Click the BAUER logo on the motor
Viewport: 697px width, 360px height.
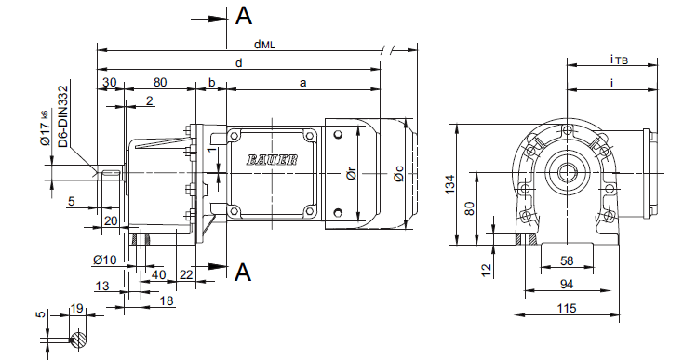(x=272, y=160)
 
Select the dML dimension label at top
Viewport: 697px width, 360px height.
(x=264, y=44)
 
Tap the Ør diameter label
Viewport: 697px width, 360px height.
(x=351, y=174)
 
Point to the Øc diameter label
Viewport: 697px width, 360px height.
(x=398, y=173)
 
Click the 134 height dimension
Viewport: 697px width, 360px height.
(x=450, y=184)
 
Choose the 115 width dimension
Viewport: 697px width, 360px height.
(x=567, y=308)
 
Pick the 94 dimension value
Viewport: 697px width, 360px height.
(x=567, y=284)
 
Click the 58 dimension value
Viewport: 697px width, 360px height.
(x=568, y=260)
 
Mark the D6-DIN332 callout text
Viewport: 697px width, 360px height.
(x=63, y=116)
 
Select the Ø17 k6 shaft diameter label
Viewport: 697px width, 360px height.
(x=46, y=129)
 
